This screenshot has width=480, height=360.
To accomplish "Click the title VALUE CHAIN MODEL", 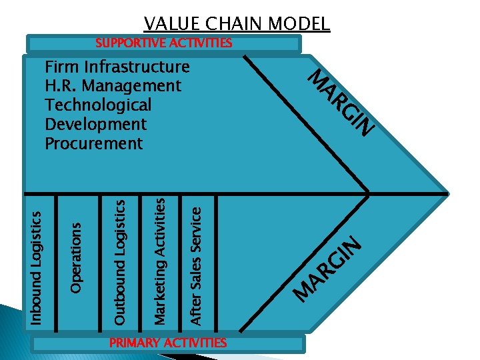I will (x=237, y=24).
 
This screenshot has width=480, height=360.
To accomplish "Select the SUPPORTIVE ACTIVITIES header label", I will (x=163, y=43).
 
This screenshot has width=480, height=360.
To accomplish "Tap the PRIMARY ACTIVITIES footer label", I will (x=168, y=343).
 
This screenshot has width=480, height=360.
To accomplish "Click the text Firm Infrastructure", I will (x=117, y=67).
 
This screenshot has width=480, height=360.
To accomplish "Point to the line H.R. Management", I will (x=113, y=86).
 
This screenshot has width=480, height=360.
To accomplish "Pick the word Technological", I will (x=98, y=105).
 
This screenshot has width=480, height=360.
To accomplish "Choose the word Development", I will (x=95, y=124).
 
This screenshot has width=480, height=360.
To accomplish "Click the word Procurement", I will (x=93, y=143).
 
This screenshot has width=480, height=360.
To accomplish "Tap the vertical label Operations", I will (x=77, y=257).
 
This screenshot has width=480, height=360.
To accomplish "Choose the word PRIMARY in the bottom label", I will (x=133, y=343).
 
